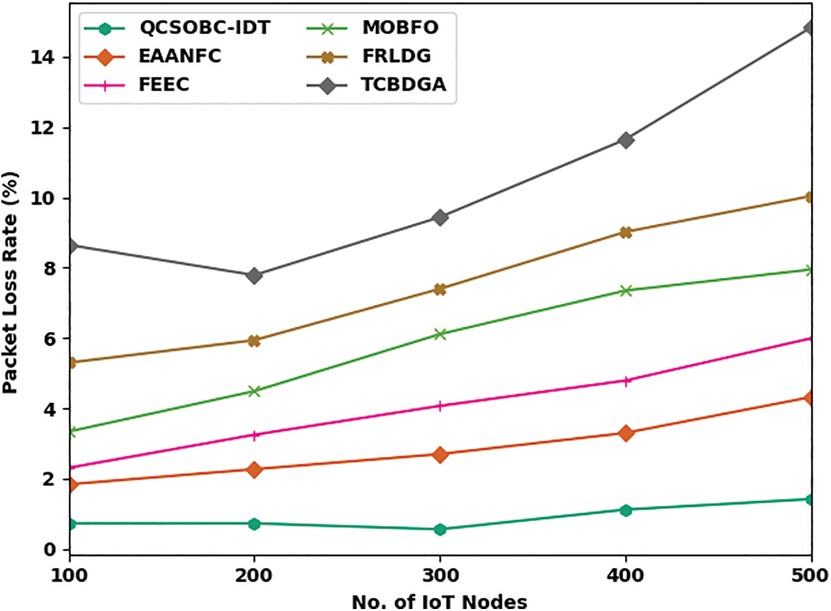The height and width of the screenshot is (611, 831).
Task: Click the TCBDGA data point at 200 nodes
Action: click(254, 275)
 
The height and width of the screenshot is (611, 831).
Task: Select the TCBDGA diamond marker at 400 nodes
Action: click(626, 140)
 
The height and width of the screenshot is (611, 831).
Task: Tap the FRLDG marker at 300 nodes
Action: click(440, 289)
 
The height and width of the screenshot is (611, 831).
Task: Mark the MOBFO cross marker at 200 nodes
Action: click(254, 391)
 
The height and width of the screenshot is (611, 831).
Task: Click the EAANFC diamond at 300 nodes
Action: click(440, 454)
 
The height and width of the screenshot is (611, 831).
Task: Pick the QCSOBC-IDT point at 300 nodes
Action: click(440, 529)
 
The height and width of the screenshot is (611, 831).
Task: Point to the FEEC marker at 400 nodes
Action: click(626, 381)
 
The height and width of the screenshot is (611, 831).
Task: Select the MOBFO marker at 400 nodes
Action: click(626, 291)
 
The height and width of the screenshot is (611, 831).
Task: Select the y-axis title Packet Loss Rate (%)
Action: click(11, 283)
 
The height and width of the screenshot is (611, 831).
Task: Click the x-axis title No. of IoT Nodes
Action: click(440, 602)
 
